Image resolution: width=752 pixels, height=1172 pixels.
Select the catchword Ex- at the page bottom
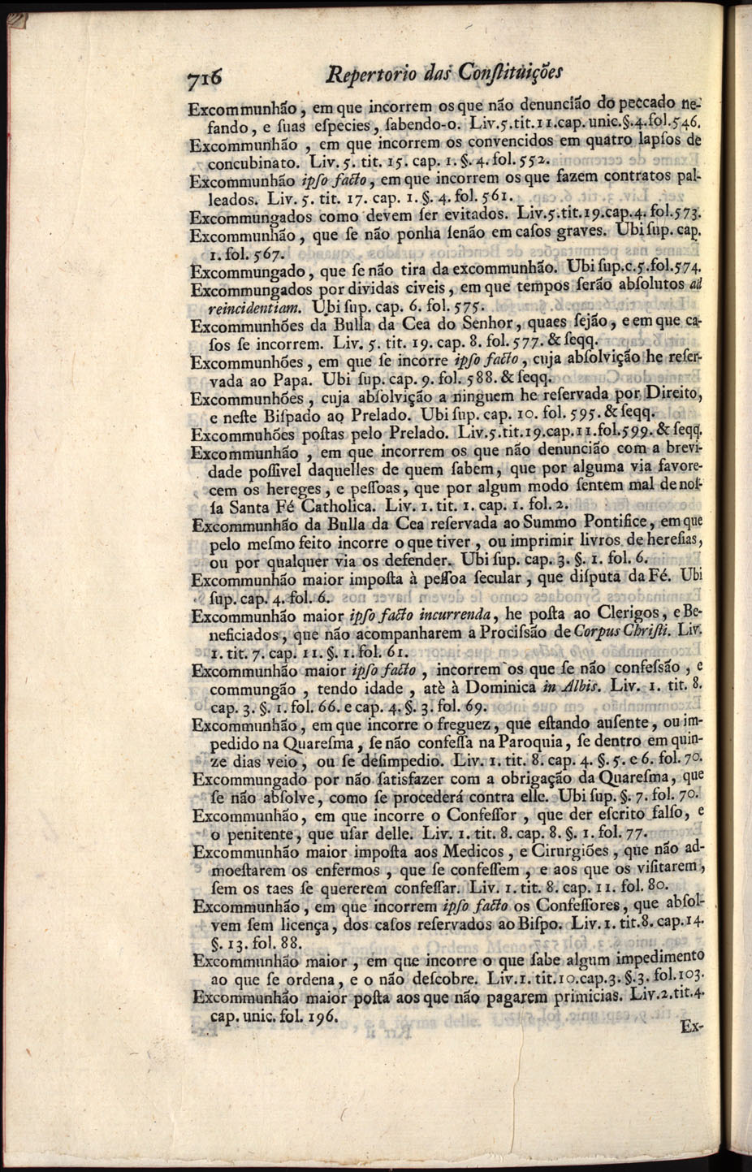point(691,1025)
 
